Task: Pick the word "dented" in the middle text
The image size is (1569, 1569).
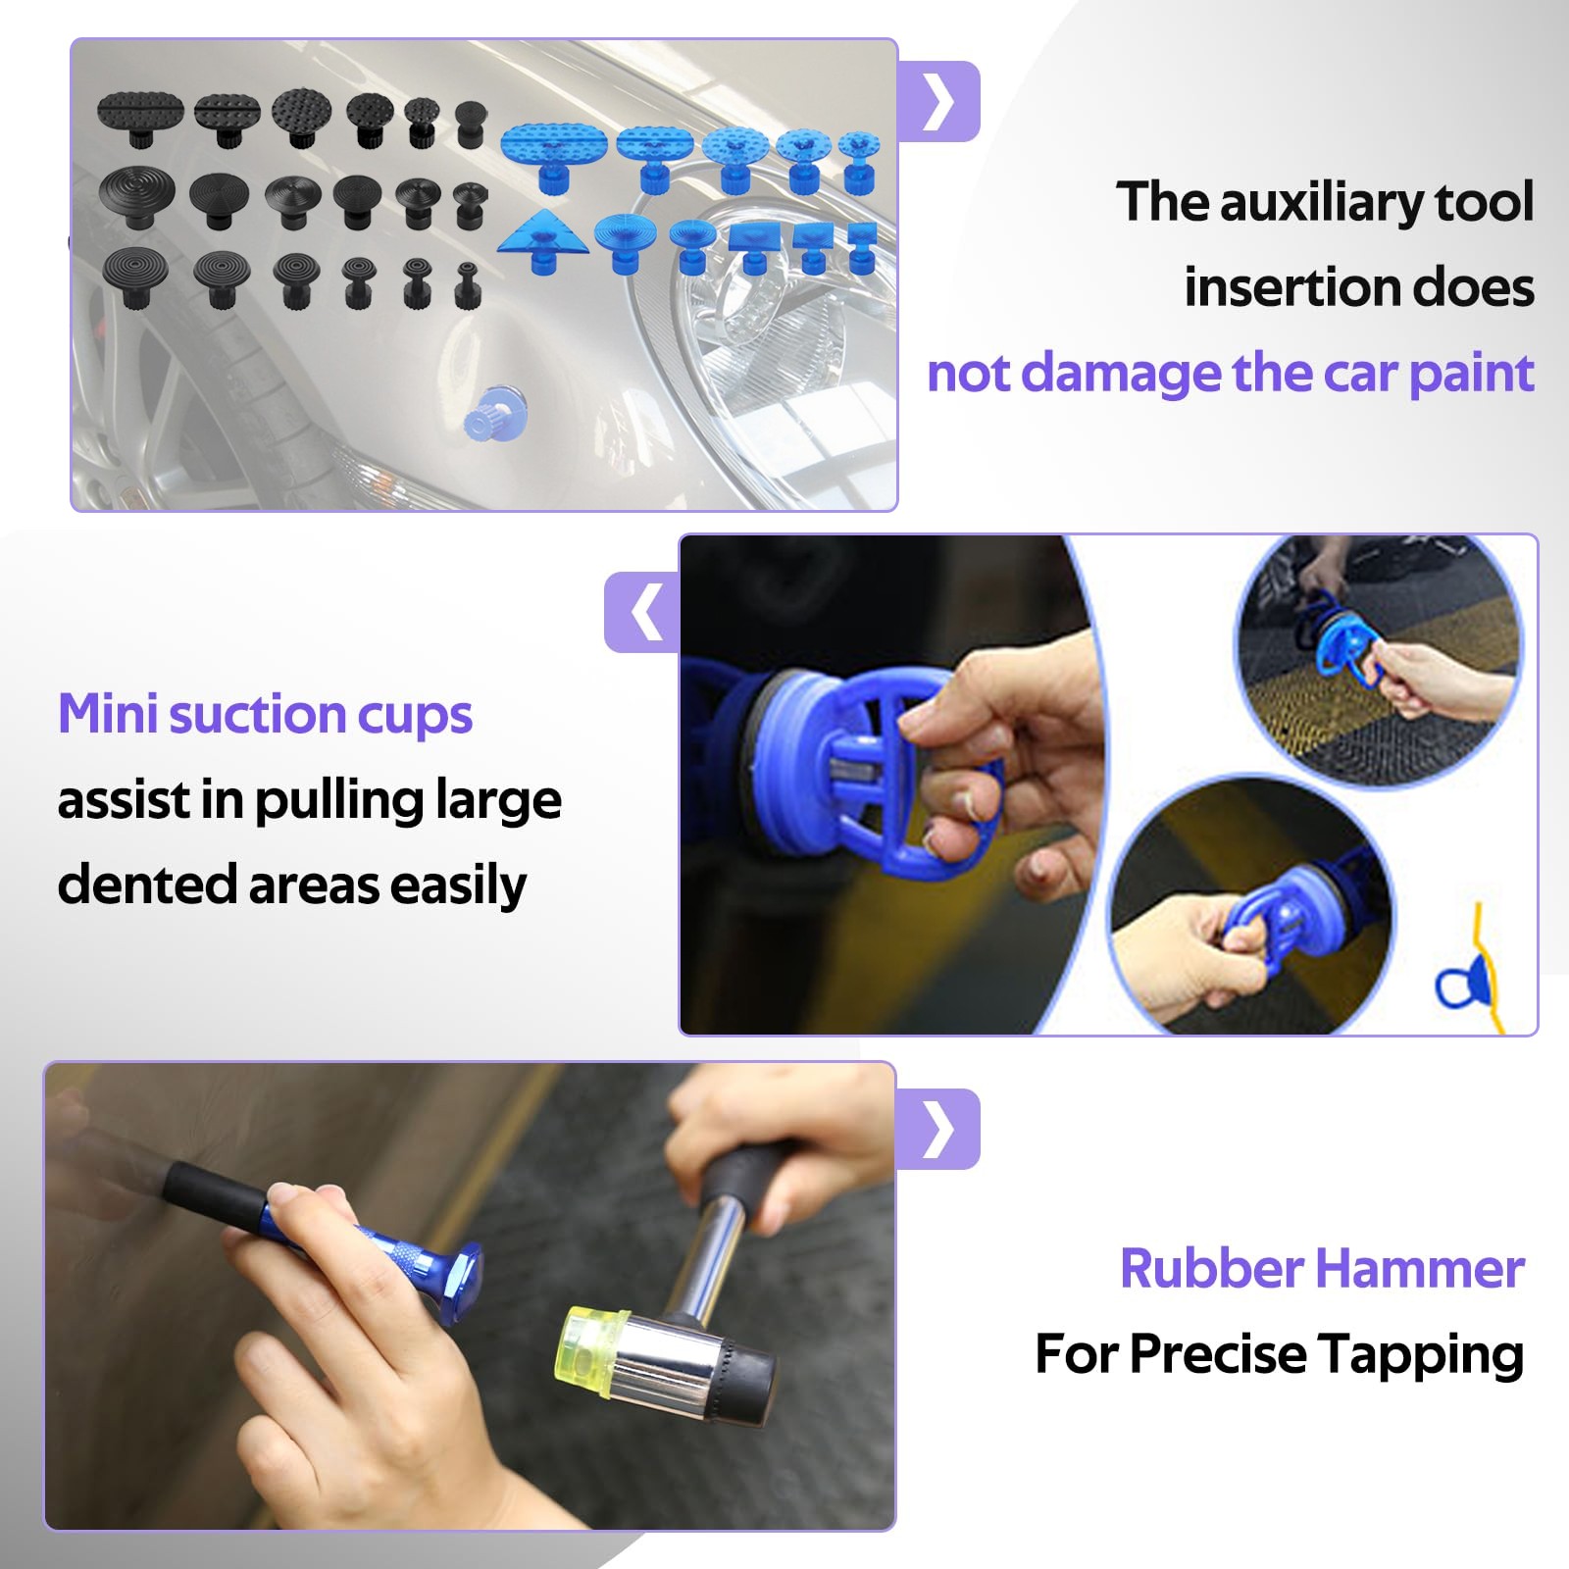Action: [x=147, y=885]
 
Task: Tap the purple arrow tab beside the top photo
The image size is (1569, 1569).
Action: [x=939, y=101]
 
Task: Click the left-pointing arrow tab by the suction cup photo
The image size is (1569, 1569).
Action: [x=642, y=613]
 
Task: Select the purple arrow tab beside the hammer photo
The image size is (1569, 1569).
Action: [x=938, y=1129]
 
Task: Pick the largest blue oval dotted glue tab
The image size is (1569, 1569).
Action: [x=554, y=152]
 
